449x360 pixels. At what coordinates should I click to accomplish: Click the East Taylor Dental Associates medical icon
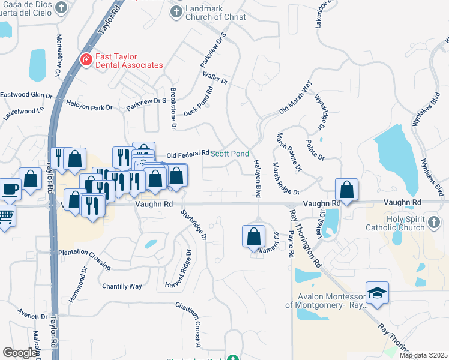point(86,59)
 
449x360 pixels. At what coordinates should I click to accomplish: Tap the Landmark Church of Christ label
point(215,13)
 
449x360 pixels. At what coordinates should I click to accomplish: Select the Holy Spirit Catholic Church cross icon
point(435,223)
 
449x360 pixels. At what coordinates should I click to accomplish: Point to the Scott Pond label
point(229,154)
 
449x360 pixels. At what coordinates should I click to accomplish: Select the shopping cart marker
point(5,215)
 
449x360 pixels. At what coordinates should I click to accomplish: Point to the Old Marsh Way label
point(295,100)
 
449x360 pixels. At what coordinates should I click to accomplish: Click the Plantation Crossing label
point(84,259)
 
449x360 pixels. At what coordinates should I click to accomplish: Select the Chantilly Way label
point(122,286)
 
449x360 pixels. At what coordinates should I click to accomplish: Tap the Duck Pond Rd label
point(199,101)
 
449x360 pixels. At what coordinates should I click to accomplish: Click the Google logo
point(20,353)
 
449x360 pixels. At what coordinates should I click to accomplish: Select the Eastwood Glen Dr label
point(26,95)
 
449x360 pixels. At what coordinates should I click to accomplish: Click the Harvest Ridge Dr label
point(177,268)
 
